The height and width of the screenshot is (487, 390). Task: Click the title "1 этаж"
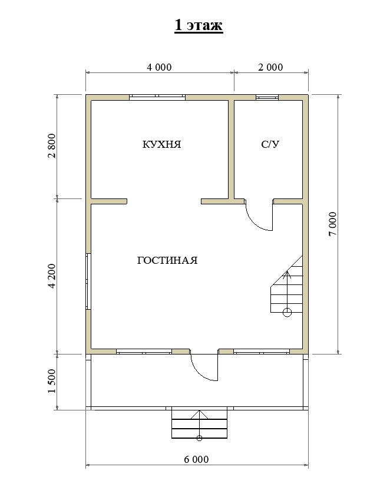(x=199, y=25)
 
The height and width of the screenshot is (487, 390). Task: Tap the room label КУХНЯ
(x=161, y=144)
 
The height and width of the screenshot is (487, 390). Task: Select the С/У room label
(x=270, y=144)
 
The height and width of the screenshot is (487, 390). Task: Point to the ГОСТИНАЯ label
(x=167, y=260)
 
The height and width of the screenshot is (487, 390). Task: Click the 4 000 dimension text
(x=159, y=67)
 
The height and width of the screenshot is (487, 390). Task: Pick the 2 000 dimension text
(x=270, y=67)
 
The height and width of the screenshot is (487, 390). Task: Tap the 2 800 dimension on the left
(x=52, y=146)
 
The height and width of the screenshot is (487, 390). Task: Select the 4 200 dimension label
(x=52, y=276)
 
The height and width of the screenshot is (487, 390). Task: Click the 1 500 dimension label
(x=52, y=381)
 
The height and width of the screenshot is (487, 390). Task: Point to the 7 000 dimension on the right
(x=332, y=224)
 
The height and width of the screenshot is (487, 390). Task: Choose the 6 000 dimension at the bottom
(x=196, y=459)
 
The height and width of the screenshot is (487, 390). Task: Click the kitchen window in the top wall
(x=157, y=97)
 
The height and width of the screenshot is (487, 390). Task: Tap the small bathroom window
(x=267, y=97)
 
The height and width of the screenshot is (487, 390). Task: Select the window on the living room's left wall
(x=88, y=281)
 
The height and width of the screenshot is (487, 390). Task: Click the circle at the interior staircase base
(x=287, y=312)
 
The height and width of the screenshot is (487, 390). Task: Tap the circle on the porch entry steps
(x=200, y=438)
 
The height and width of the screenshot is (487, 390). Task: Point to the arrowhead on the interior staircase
(x=287, y=274)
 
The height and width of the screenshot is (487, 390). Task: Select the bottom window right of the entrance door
(x=262, y=352)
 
